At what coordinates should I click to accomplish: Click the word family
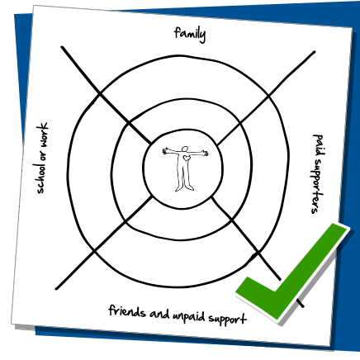190,34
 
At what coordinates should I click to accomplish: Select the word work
42,134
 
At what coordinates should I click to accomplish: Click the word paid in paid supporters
318,144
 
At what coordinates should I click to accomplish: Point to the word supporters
317,186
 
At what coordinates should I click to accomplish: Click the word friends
127,311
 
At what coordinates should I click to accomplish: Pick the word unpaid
189,317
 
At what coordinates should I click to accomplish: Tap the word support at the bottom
227,319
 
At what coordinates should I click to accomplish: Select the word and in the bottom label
159,314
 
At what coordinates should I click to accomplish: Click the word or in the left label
43,154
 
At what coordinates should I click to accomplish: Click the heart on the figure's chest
187,158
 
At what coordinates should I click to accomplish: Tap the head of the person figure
185,149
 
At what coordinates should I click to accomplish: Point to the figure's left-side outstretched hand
166,151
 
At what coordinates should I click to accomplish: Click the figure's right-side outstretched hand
205,153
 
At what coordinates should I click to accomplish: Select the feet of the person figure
184,188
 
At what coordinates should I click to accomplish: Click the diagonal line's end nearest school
62,47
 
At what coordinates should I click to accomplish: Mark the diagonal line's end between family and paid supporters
315,51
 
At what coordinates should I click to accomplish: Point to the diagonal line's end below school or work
56,289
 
